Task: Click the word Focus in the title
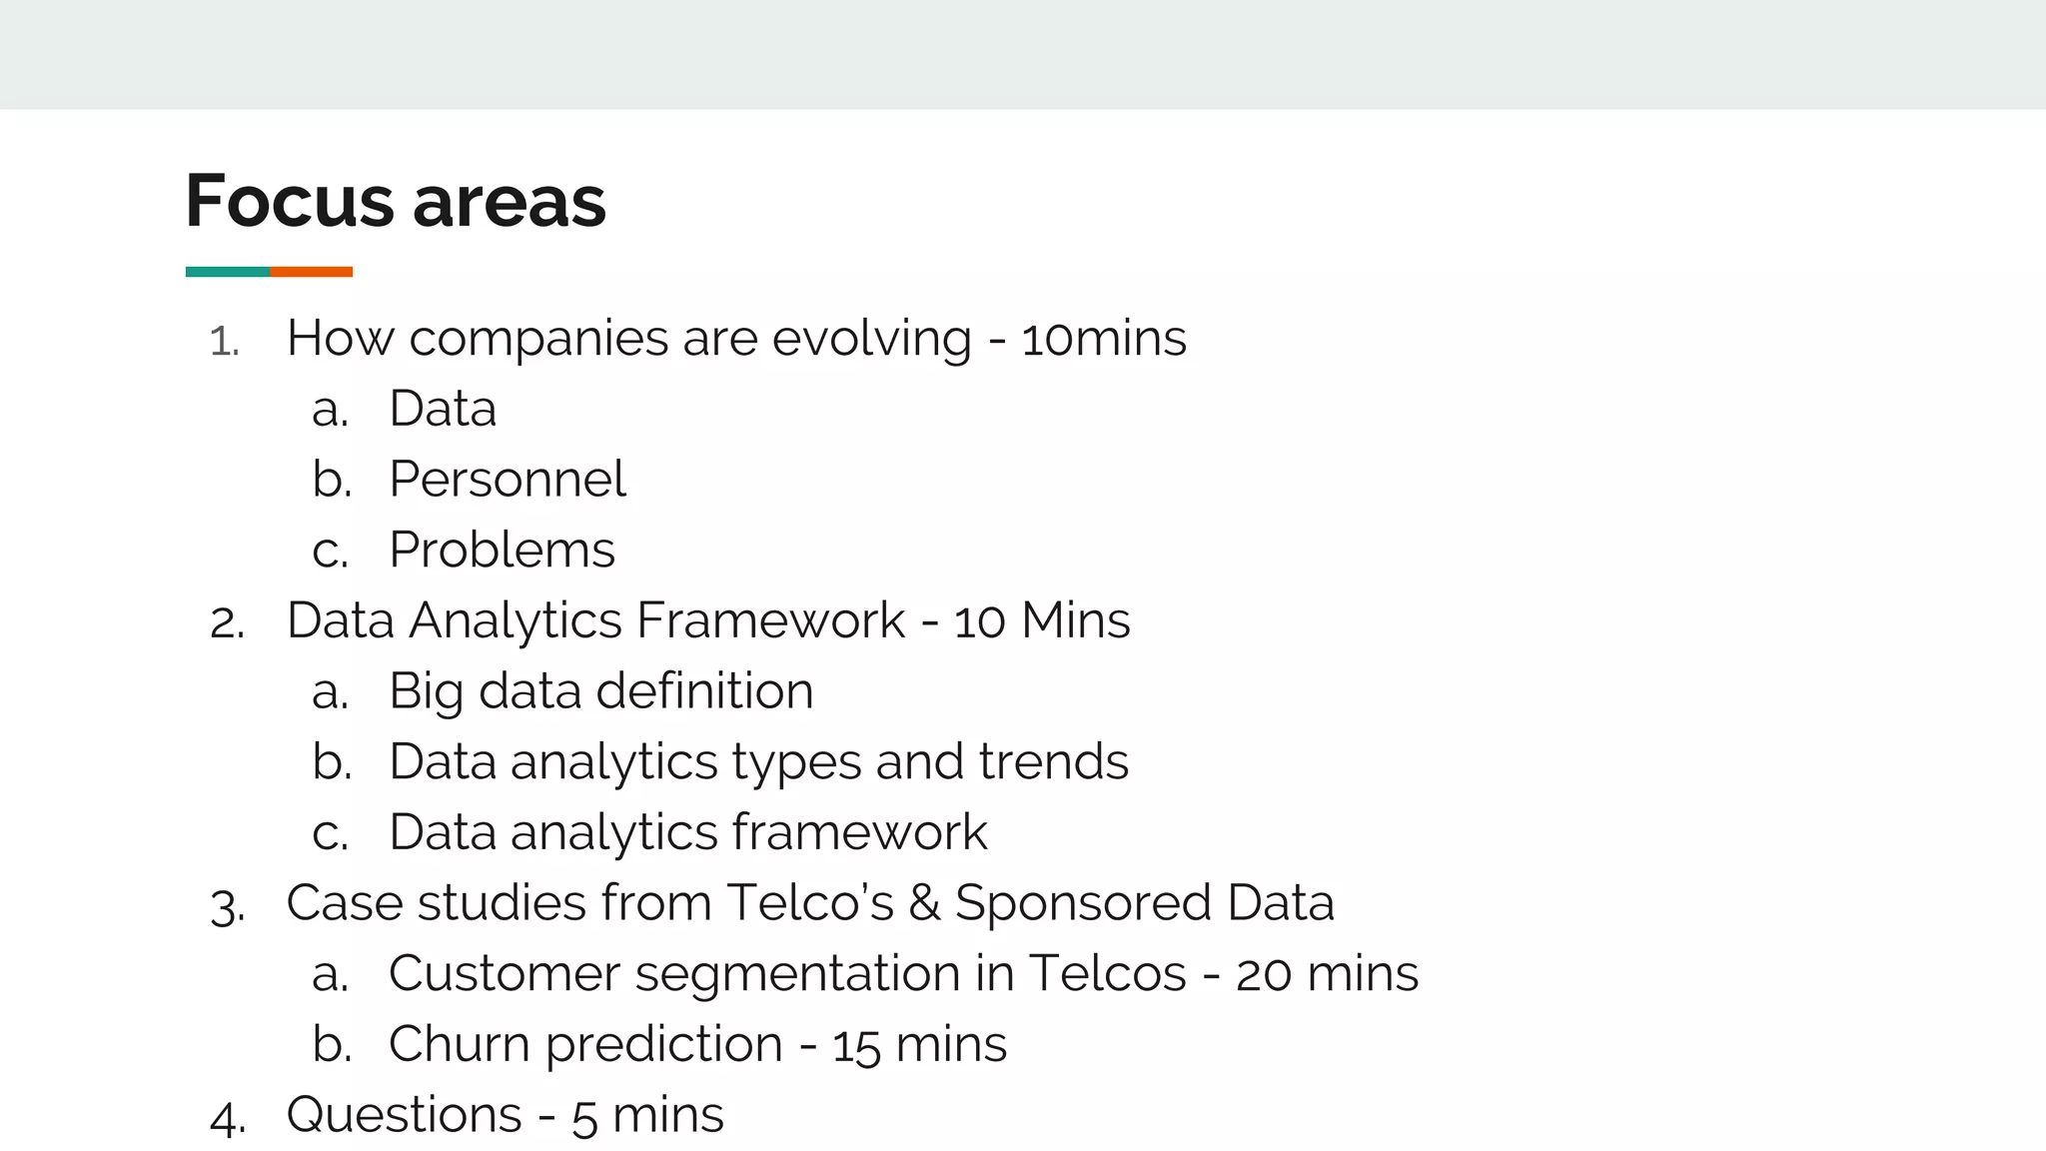[290, 202]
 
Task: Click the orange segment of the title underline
[311, 272]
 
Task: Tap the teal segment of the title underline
[227, 272]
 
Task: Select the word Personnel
[508, 480]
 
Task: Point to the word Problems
[502, 551]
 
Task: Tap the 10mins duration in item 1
[1104, 339]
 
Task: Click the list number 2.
[226, 623]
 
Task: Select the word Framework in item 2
[770, 620]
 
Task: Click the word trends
[1053, 762]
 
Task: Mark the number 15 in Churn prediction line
[856, 1046]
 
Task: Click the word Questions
[405, 1115]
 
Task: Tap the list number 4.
[227, 1118]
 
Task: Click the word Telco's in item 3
[810, 903]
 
